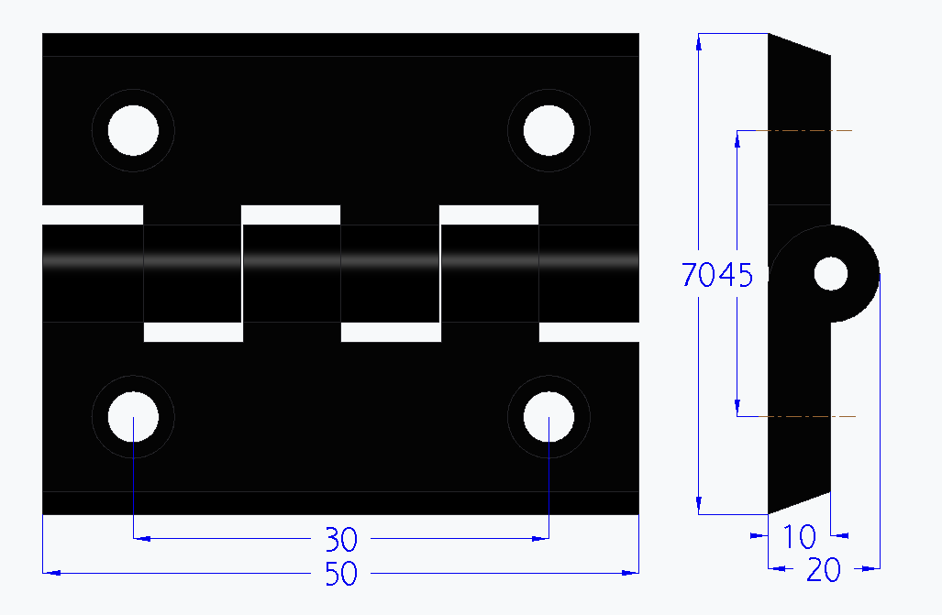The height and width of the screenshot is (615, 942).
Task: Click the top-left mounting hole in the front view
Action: [133, 130]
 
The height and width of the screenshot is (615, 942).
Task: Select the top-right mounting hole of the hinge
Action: [549, 130]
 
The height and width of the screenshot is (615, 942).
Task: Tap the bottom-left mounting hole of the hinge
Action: [133, 418]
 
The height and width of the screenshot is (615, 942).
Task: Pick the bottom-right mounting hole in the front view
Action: [549, 418]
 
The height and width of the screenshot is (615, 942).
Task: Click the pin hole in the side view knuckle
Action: [831, 273]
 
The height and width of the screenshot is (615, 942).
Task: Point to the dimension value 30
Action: [341, 539]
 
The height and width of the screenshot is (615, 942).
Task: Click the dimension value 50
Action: [341, 574]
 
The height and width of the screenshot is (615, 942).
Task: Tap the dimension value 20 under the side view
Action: [824, 571]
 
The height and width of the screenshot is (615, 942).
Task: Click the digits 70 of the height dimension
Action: [699, 274]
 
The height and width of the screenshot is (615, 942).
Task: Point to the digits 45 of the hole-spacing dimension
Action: [736, 274]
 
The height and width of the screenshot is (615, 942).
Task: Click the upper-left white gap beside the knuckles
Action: [93, 214]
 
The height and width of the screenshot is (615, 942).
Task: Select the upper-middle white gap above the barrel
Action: [291, 214]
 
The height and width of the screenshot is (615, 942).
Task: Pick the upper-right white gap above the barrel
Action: [489, 214]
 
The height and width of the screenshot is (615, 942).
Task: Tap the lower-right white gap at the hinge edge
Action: [588, 332]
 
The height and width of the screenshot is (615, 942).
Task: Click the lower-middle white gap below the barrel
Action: [390, 332]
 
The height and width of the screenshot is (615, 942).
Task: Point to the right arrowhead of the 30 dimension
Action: [542, 539]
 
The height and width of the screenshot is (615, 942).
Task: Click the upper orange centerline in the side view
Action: [807, 131]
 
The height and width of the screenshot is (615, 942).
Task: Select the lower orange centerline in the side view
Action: [807, 417]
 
